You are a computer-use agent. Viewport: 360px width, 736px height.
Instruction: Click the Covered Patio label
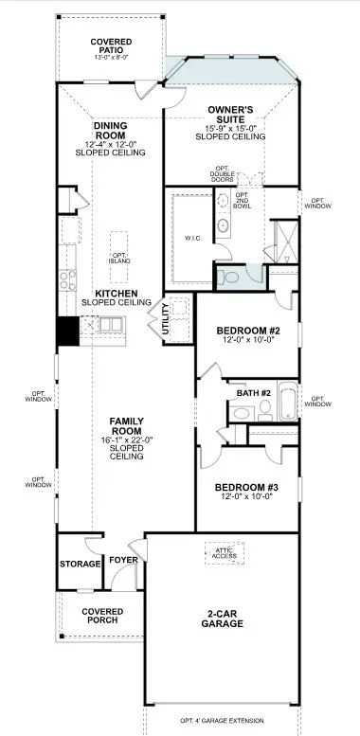111,45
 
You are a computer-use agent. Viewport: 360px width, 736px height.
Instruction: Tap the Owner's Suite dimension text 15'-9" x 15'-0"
230,128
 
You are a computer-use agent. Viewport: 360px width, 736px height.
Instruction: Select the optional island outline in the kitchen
118,257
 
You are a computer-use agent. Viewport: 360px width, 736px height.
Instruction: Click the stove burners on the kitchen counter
67,280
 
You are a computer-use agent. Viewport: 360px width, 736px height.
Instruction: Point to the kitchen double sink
111,325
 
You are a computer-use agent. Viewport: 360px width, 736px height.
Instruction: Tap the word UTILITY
165,319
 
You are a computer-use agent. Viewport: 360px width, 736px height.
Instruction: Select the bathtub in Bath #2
287,401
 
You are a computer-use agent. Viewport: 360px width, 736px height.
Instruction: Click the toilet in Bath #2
265,410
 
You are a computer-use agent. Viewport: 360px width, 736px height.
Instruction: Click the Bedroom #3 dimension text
247,496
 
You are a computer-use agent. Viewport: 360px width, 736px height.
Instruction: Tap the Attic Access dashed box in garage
225,553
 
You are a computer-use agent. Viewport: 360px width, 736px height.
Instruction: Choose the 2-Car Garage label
223,619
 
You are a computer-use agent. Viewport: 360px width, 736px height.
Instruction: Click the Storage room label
80,564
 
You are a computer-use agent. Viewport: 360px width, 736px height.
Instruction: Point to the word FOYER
123,560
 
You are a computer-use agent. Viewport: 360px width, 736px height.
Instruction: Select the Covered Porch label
102,616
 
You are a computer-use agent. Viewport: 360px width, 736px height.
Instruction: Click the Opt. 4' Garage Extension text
222,721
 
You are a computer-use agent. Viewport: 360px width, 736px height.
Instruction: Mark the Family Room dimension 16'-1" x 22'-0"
127,440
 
